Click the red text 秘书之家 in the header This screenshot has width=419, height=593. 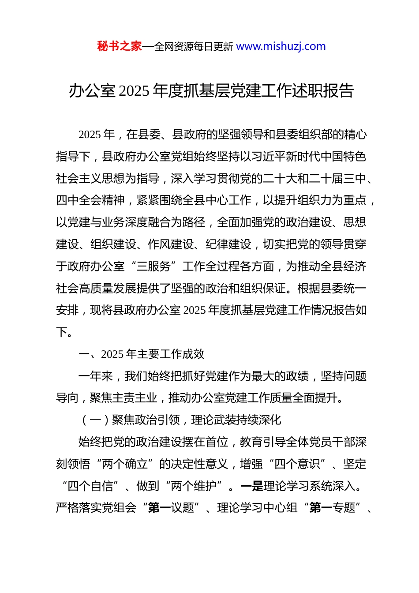(x=120, y=46)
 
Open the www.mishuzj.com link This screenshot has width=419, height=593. (x=281, y=46)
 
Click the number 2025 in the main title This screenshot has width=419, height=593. (x=134, y=91)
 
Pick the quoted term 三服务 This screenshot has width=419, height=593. (x=154, y=266)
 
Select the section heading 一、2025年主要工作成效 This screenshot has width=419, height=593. (x=142, y=354)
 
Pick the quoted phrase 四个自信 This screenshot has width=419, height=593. (x=90, y=486)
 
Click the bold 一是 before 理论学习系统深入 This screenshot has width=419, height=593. (x=252, y=486)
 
